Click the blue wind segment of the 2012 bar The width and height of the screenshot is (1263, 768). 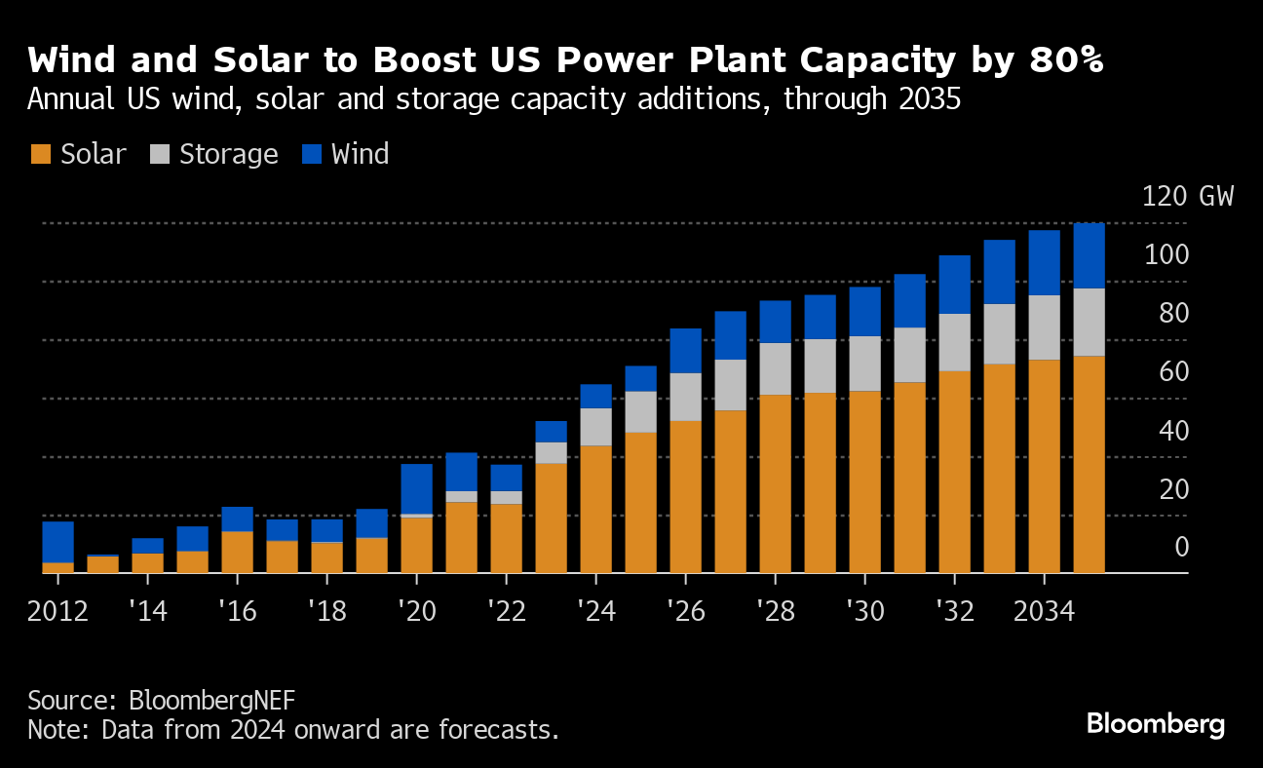coord(58,542)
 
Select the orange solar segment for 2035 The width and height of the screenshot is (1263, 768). coord(1089,464)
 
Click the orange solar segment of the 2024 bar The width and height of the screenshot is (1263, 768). coord(596,509)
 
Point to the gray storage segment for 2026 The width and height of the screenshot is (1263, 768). coord(686,397)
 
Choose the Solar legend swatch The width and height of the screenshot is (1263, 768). coord(40,154)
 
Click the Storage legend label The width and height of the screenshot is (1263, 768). coord(228,154)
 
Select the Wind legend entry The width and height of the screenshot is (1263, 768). coord(360,154)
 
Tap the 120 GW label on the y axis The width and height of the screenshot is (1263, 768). coord(1187,196)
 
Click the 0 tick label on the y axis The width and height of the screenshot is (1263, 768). coord(1181,547)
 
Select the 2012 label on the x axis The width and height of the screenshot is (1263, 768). coord(58,612)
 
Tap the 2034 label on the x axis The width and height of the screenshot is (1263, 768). coord(1044,612)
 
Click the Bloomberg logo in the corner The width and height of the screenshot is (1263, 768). coord(1155,724)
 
